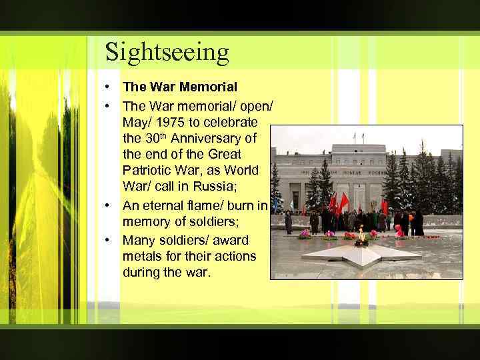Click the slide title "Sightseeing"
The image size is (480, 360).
[x=167, y=51]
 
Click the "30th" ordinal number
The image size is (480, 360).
[x=154, y=138]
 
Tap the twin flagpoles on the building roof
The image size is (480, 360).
[x=357, y=138]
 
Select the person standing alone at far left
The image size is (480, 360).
[x=288, y=222]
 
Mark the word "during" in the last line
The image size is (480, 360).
[x=141, y=272]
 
